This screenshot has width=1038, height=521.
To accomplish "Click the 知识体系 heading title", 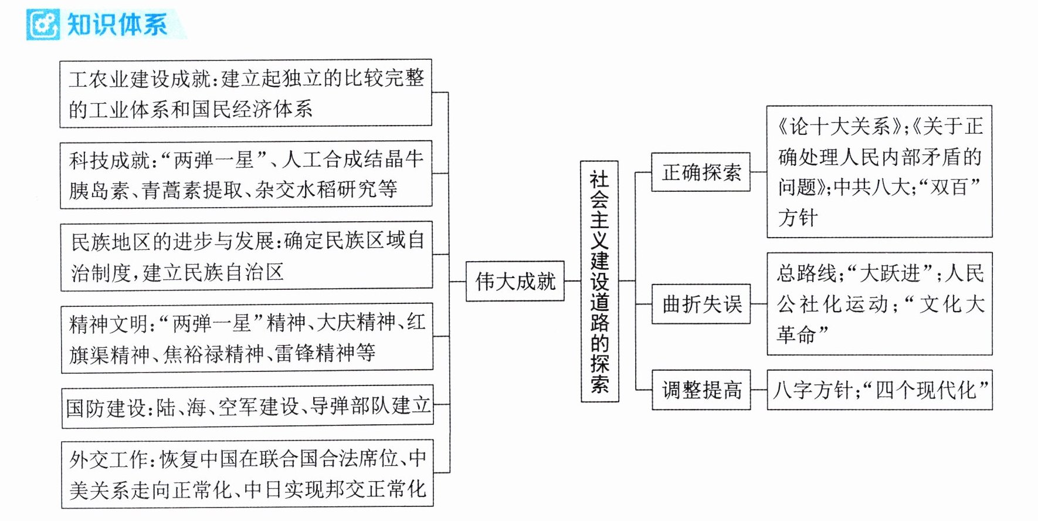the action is tap(117, 25).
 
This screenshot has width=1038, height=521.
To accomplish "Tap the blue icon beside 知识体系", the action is tap(43, 25).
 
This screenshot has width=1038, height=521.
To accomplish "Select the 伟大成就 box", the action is tap(515, 281).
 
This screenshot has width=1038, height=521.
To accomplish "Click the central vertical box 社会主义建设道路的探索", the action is tap(599, 281).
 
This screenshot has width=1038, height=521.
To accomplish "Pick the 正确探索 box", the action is tap(701, 172).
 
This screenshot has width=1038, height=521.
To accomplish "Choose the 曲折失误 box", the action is tap(701, 304).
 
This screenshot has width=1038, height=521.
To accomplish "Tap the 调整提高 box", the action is tap(701, 390).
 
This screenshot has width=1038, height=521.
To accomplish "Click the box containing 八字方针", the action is tap(880, 390).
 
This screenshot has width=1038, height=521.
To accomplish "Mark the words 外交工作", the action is tap(109, 459).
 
